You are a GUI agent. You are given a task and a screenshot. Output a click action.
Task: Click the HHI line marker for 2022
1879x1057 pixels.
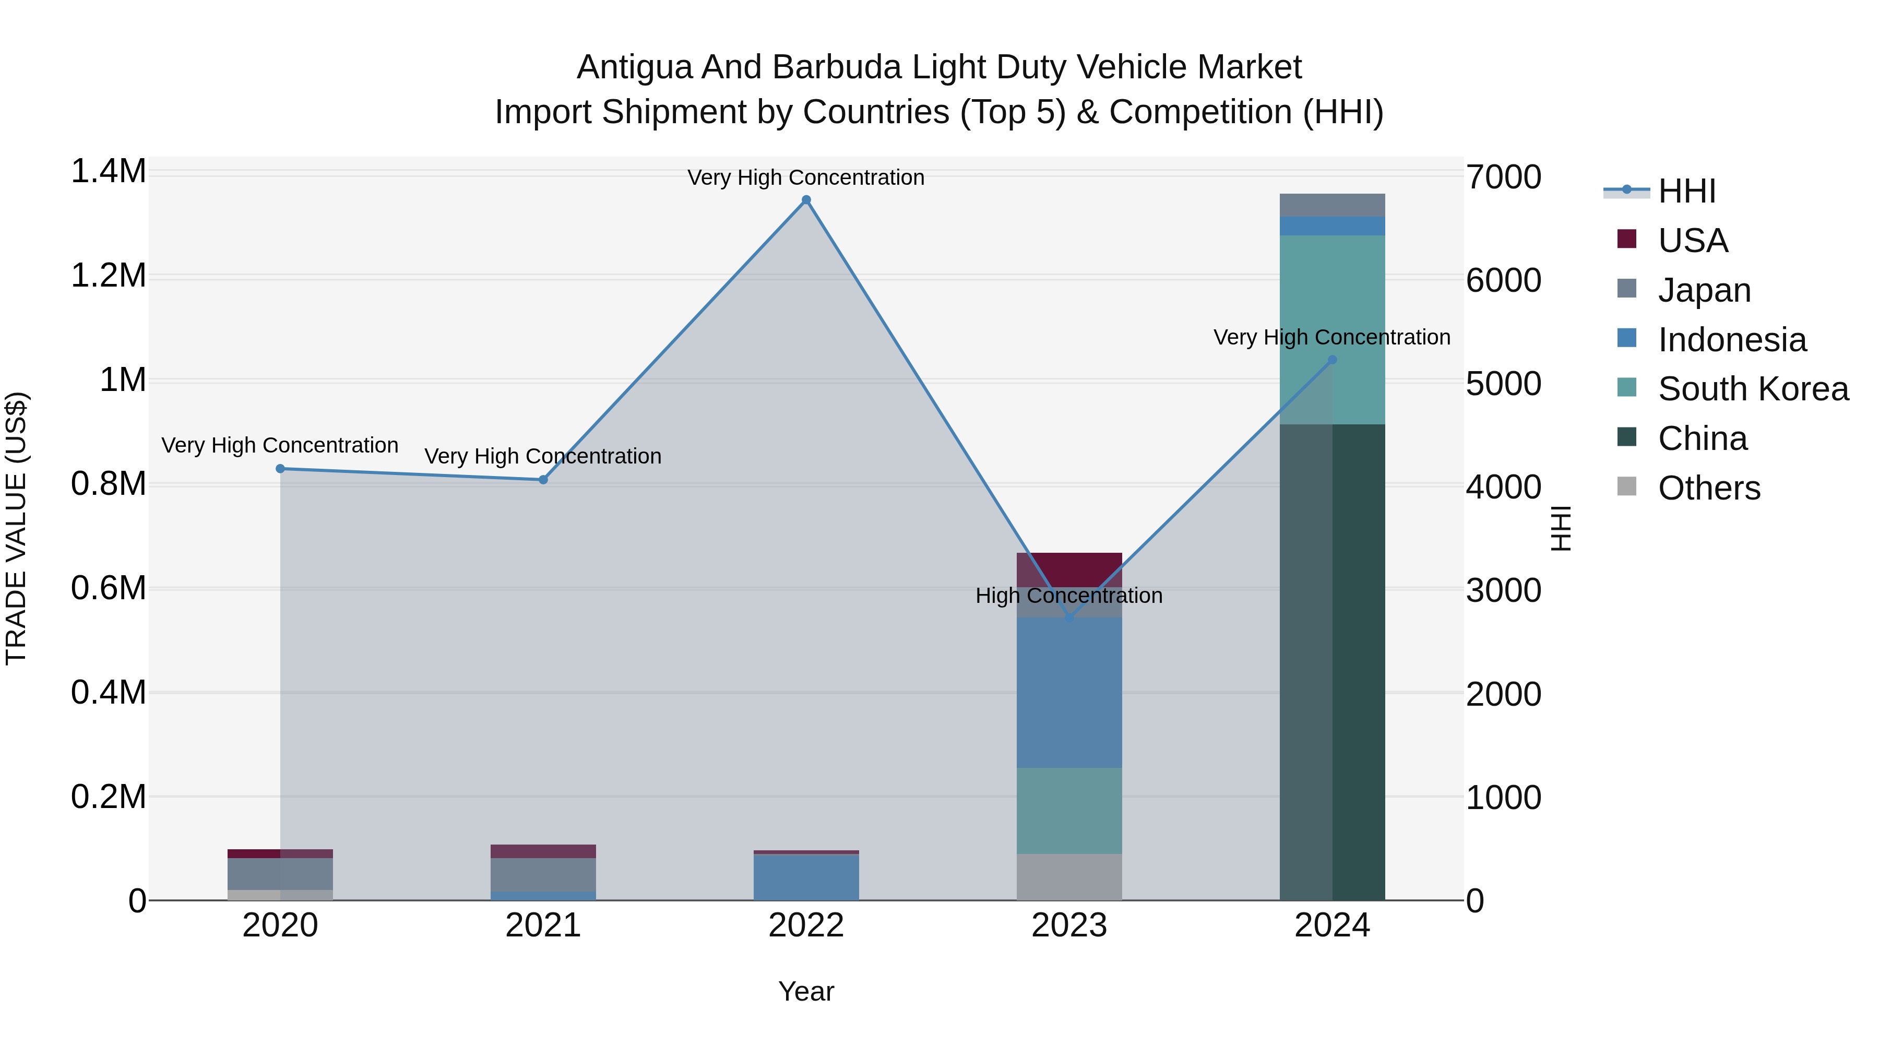806,200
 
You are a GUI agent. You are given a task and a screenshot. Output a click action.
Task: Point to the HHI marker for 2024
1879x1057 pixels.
1332,360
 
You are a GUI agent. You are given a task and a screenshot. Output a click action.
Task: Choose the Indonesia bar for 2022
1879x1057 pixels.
806,877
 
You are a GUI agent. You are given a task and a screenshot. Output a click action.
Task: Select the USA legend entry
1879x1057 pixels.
1692,240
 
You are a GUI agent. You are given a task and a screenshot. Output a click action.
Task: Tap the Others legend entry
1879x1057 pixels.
1708,488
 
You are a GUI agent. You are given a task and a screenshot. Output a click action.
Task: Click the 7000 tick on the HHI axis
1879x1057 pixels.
1503,177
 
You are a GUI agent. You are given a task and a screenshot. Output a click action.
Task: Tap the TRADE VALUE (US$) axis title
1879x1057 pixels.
16,528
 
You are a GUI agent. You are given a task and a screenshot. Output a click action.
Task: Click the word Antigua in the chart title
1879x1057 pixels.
634,67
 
